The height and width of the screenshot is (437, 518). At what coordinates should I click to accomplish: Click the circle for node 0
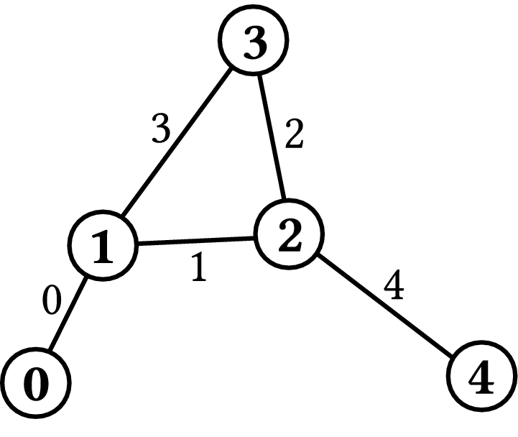(36, 383)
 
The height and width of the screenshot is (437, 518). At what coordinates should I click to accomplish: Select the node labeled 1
(103, 246)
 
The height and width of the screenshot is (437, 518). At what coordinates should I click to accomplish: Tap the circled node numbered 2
(289, 234)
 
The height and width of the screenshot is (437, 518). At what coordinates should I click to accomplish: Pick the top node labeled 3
(253, 40)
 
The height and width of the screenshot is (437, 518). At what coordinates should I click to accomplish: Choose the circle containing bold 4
(482, 376)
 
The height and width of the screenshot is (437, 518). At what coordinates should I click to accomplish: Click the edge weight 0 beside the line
(52, 300)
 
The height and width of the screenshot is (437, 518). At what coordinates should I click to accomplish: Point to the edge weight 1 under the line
(199, 267)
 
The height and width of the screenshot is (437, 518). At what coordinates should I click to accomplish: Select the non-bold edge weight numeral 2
(294, 134)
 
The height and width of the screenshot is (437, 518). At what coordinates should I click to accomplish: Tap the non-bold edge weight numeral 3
(161, 128)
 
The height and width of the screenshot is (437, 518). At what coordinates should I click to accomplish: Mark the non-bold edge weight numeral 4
(394, 285)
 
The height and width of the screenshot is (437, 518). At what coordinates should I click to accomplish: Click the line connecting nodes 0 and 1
(68, 313)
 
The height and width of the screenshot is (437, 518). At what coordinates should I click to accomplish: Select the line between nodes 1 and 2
(196, 241)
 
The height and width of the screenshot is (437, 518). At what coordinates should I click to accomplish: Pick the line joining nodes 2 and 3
(272, 137)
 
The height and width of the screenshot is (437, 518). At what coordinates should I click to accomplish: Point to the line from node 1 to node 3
(177, 143)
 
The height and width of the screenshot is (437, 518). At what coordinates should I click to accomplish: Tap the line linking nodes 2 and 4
(385, 305)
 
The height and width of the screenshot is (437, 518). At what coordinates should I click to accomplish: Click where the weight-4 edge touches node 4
(453, 355)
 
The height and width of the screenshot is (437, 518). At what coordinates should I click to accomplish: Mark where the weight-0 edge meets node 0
(50, 350)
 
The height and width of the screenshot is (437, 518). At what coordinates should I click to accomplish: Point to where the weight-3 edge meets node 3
(231, 69)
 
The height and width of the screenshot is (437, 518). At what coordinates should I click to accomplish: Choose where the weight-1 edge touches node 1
(138, 244)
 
